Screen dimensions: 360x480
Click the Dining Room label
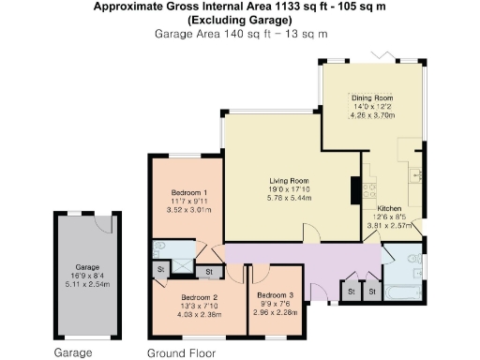click(372, 97)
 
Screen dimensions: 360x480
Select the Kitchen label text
click(389, 208)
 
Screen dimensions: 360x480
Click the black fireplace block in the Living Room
click(355, 190)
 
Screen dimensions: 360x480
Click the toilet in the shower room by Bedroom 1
click(158, 247)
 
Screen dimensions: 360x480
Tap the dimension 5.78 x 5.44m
click(290, 199)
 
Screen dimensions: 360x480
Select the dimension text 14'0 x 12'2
click(372, 106)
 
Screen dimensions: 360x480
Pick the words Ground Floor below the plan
click(181, 352)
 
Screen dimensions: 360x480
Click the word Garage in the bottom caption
click(72, 352)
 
